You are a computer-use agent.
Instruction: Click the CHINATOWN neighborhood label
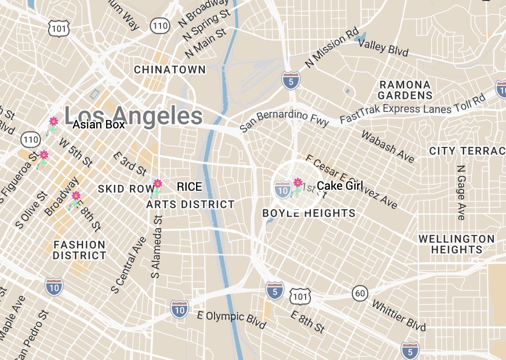click(x=170, y=70)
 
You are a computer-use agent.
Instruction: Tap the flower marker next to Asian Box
click(x=54, y=122)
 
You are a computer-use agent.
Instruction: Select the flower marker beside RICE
click(x=157, y=184)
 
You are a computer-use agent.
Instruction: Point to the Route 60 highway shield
click(x=360, y=293)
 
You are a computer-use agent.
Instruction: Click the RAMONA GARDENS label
click(x=405, y=90)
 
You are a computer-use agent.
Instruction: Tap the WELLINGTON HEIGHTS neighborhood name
click(x=456, y=244)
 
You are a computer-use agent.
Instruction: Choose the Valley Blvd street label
click(x=383, y=48)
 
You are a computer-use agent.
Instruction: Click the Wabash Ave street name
click(x=388, y=146)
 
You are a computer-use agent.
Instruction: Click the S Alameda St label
click(x=159, y=246)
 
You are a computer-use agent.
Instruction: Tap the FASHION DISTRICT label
click(x=79, y=250)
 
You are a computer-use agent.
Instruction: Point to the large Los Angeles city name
click(x=133, y=116)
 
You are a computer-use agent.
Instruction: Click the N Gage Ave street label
click(x=460, y=192)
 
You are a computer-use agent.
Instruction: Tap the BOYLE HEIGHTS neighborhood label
click(x=309, y=213)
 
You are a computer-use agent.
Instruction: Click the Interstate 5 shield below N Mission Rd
click(x=290, y=80)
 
